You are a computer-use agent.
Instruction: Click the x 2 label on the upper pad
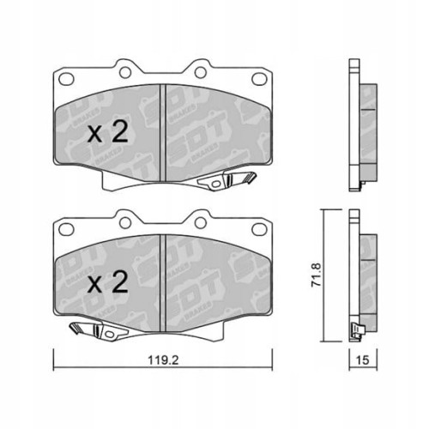(108, 132)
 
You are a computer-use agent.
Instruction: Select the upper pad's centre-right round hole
(199, 69)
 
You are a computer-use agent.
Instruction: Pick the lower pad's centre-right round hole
(199, 221)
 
